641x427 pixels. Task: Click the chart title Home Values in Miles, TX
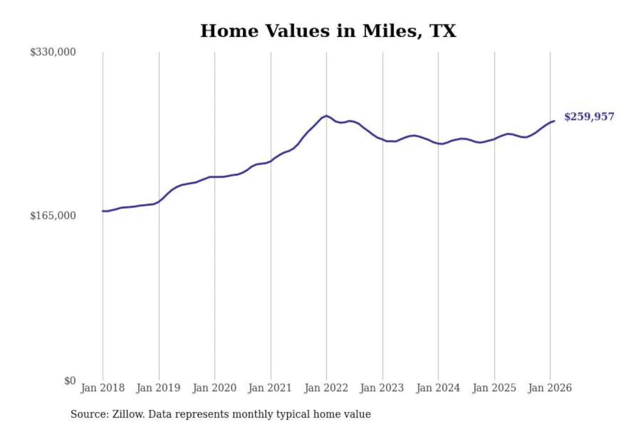328,31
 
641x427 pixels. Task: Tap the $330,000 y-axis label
53,52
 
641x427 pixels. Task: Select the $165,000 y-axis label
53,216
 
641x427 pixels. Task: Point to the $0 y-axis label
69,381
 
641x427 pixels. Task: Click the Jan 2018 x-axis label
102,388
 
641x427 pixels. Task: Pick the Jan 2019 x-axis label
158,388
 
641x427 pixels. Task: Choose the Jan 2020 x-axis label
214,388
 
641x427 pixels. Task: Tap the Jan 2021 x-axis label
270,388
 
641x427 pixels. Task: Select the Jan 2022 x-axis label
326,388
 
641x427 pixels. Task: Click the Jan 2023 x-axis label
381,388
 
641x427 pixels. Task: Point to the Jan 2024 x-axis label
438,388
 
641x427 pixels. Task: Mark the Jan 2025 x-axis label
494,388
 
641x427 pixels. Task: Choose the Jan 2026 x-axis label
549,388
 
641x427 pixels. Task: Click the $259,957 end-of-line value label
589,117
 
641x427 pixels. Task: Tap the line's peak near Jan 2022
326,116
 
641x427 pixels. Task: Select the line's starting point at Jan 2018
103,211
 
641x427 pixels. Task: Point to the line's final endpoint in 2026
554,121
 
